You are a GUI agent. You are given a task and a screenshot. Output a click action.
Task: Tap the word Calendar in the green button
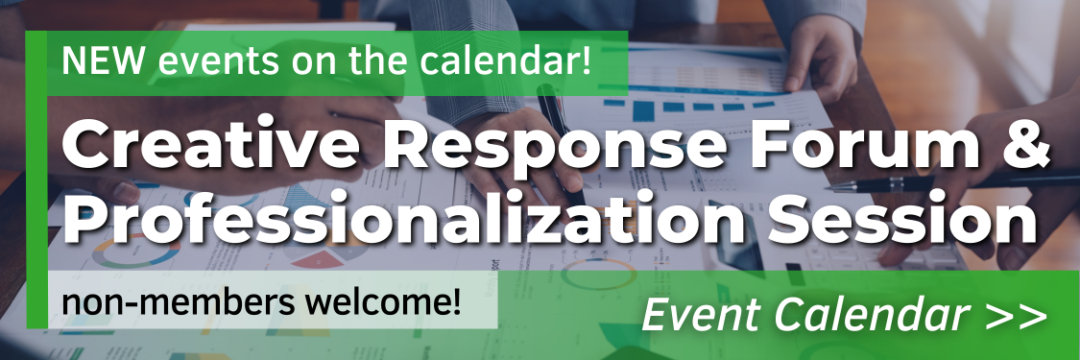tap(872, 315)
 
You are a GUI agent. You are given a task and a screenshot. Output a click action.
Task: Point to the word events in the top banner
tap(218, 62)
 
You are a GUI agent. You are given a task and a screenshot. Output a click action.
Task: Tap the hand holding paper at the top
tap(822, 60)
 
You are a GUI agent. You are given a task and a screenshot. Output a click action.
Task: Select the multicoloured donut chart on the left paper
tap(133, 252)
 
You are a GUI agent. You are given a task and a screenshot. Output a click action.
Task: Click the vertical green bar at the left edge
tap(36, 180)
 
